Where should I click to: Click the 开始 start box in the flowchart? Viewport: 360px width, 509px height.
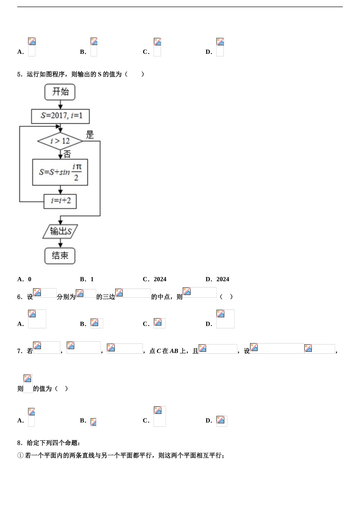60,92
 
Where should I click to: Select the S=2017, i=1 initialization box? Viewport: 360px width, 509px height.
60,116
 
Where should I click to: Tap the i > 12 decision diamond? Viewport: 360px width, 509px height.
60,141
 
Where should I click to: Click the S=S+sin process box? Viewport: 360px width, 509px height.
60,172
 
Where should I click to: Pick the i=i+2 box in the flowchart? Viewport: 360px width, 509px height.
60,201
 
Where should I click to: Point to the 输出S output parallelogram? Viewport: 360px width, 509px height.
60,231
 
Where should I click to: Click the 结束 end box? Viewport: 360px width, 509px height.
60,256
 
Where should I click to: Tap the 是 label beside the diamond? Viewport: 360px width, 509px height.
90,135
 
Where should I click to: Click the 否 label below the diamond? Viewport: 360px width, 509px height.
67,154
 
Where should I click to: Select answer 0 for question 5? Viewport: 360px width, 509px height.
30,279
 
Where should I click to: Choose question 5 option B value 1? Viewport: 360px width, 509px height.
92,279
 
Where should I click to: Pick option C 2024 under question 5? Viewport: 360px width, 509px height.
160,279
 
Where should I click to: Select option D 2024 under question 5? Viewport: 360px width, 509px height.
222,279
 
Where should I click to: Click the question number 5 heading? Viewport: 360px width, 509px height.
19,74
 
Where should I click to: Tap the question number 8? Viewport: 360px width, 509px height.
19,443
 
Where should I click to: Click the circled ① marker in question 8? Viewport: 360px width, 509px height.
20,456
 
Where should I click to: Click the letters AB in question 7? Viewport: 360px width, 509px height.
174,351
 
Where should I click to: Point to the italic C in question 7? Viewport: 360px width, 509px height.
159,351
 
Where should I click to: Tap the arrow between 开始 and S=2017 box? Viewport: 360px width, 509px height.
60,105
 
